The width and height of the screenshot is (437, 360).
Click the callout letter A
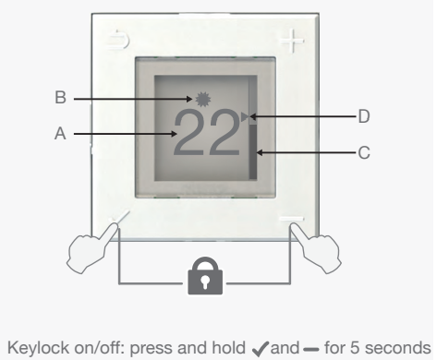click(58, 134)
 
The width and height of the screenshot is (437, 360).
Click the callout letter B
click(58, 96)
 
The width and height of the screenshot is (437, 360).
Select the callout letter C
click(363, 153)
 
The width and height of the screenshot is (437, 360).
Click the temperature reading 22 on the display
click(210, 132)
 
